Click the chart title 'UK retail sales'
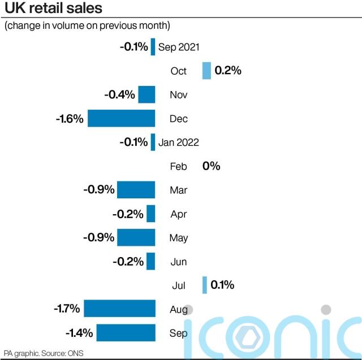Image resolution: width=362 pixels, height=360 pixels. tap(54, 8)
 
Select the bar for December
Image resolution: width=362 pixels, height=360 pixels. tap(122, 119)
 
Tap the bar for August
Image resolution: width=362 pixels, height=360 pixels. tap(120, 309)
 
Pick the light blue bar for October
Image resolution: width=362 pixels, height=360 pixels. tap(207, 71)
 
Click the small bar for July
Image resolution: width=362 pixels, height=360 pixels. tap(205, 285)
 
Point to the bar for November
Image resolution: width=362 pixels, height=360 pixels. tap(147, 94)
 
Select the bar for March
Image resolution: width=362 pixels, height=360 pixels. tap(136, 190)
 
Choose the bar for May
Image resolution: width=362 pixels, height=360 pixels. tap(136, 237)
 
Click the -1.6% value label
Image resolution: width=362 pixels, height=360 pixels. tap(70, 119)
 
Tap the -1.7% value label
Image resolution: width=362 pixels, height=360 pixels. tap(66, 309)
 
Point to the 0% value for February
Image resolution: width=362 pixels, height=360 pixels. tap(211, 166)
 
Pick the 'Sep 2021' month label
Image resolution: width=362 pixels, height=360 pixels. tap(179, 47)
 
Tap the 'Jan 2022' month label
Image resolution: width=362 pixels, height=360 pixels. tap(179, 142)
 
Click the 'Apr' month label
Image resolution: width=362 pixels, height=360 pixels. tap(179, 214)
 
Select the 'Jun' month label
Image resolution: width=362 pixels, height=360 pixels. tap(179, 262)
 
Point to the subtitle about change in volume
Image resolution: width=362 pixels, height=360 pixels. tap(87, 26)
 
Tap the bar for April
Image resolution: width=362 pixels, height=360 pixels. tap(151, 214)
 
